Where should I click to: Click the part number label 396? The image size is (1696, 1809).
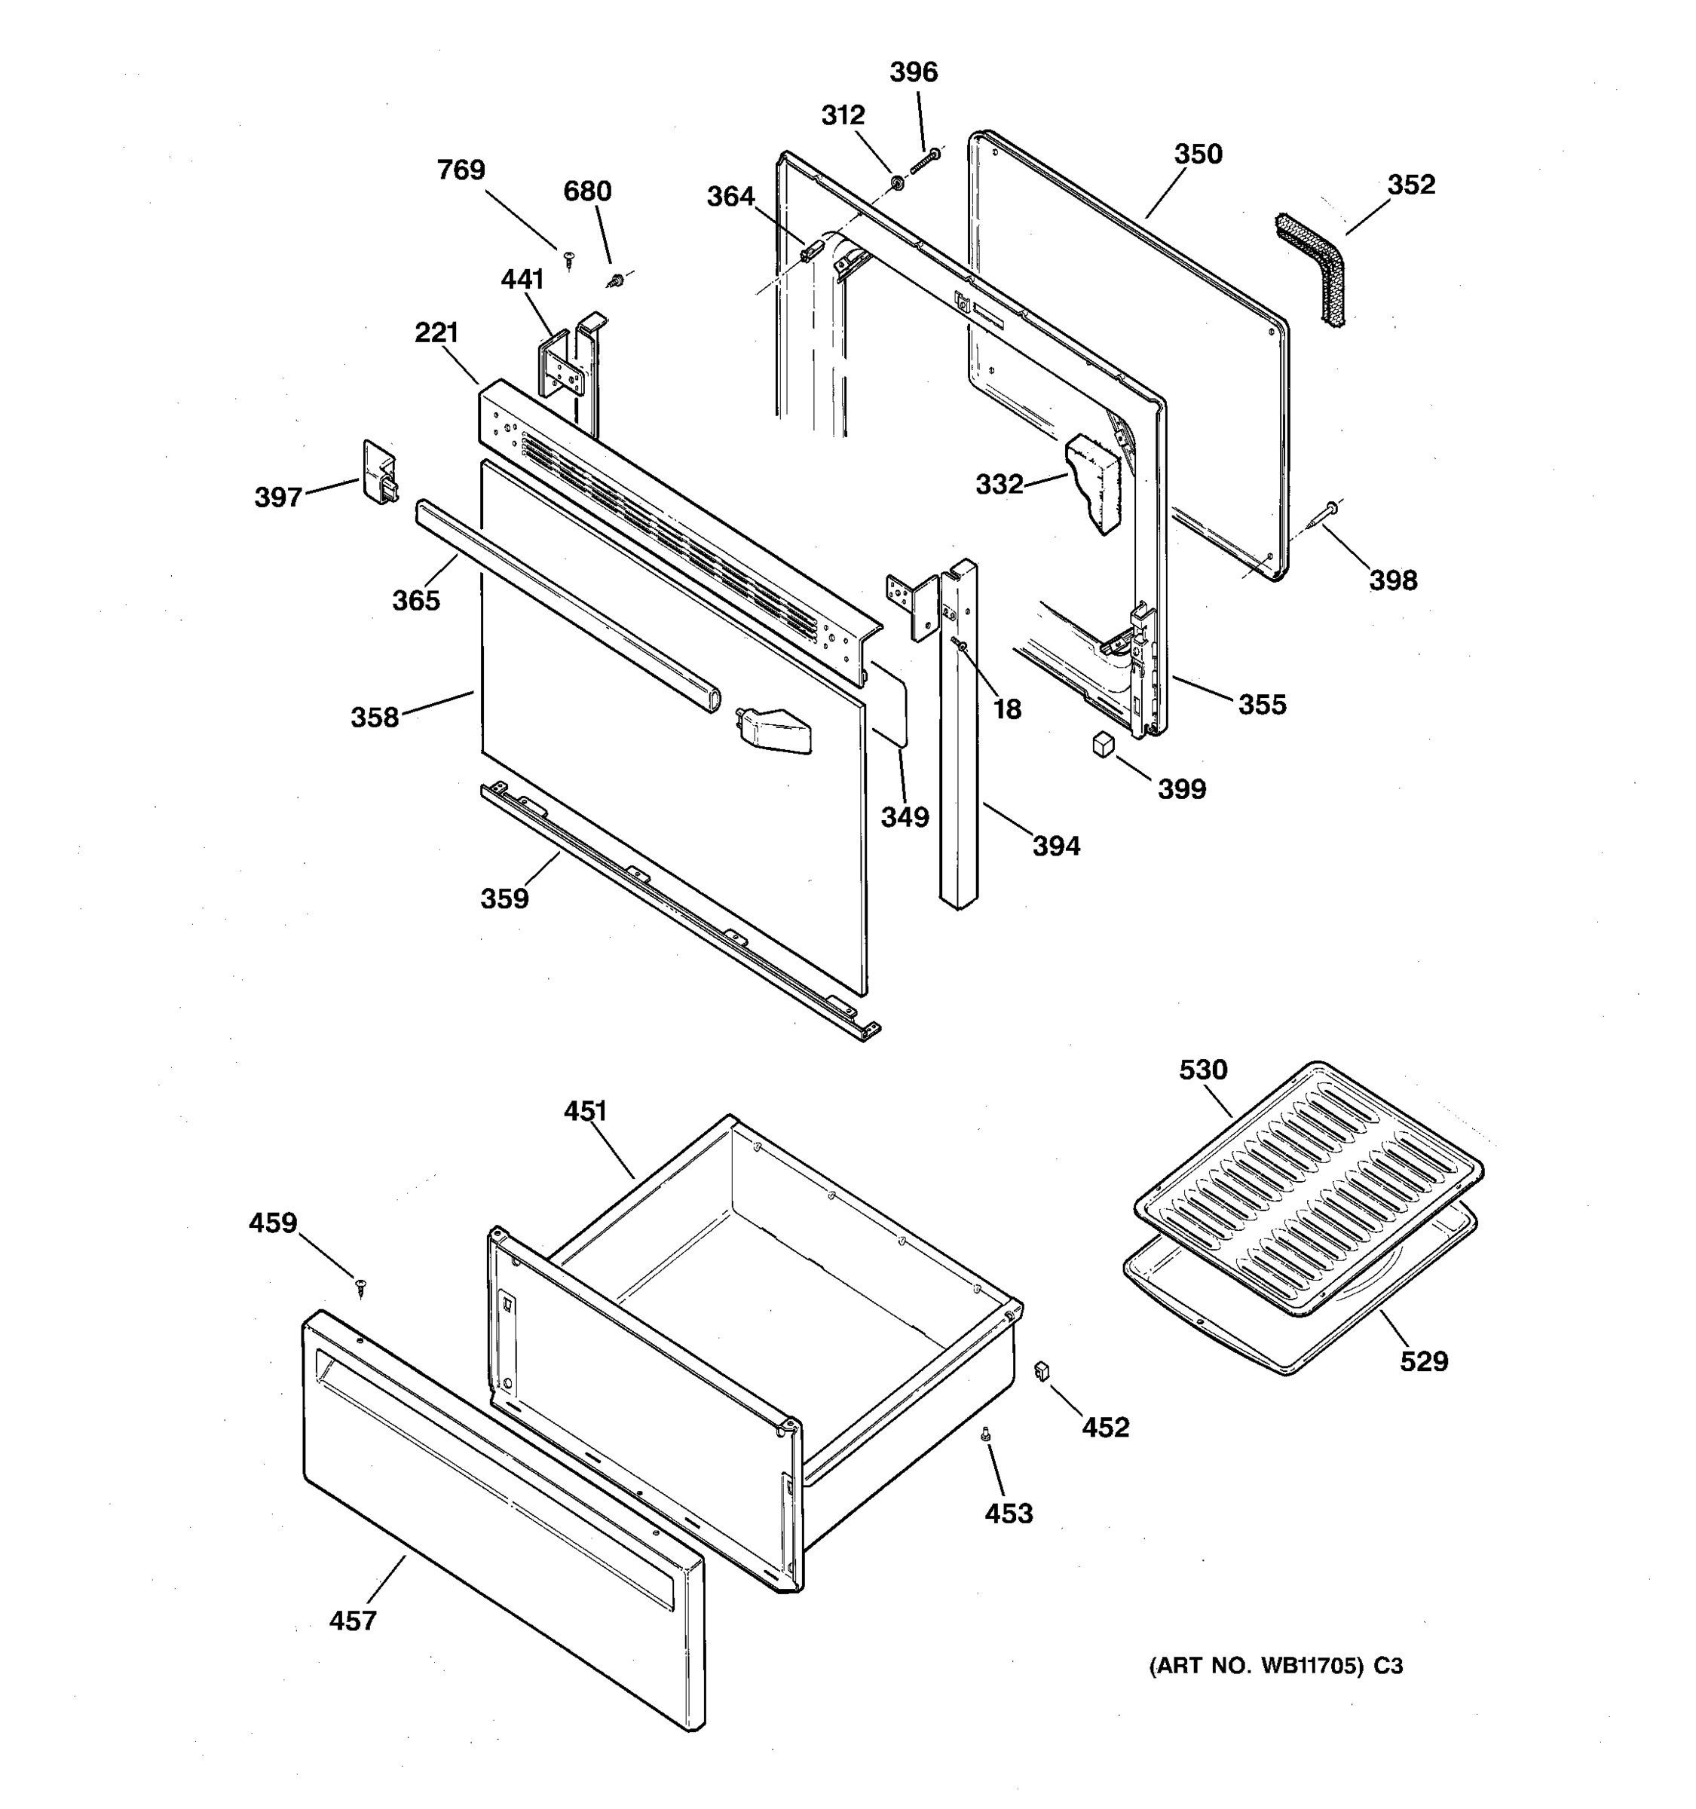(x=913, y=72)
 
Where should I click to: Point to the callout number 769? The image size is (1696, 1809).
(x=461, y=170)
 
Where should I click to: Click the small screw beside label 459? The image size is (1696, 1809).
(x=362, y=1286)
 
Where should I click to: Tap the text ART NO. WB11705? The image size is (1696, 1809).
(x=1260, y=1666)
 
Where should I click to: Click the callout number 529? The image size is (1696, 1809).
(x=1423, y=1361)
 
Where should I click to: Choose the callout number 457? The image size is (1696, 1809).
(x=352, y=1621)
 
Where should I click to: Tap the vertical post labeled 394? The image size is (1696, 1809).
(x=959, y=737)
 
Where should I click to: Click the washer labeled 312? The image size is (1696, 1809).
(x=896, y=183)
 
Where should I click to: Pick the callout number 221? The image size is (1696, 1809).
(x=436, y=333)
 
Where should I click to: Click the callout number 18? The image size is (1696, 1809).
(x=1006, y=709)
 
